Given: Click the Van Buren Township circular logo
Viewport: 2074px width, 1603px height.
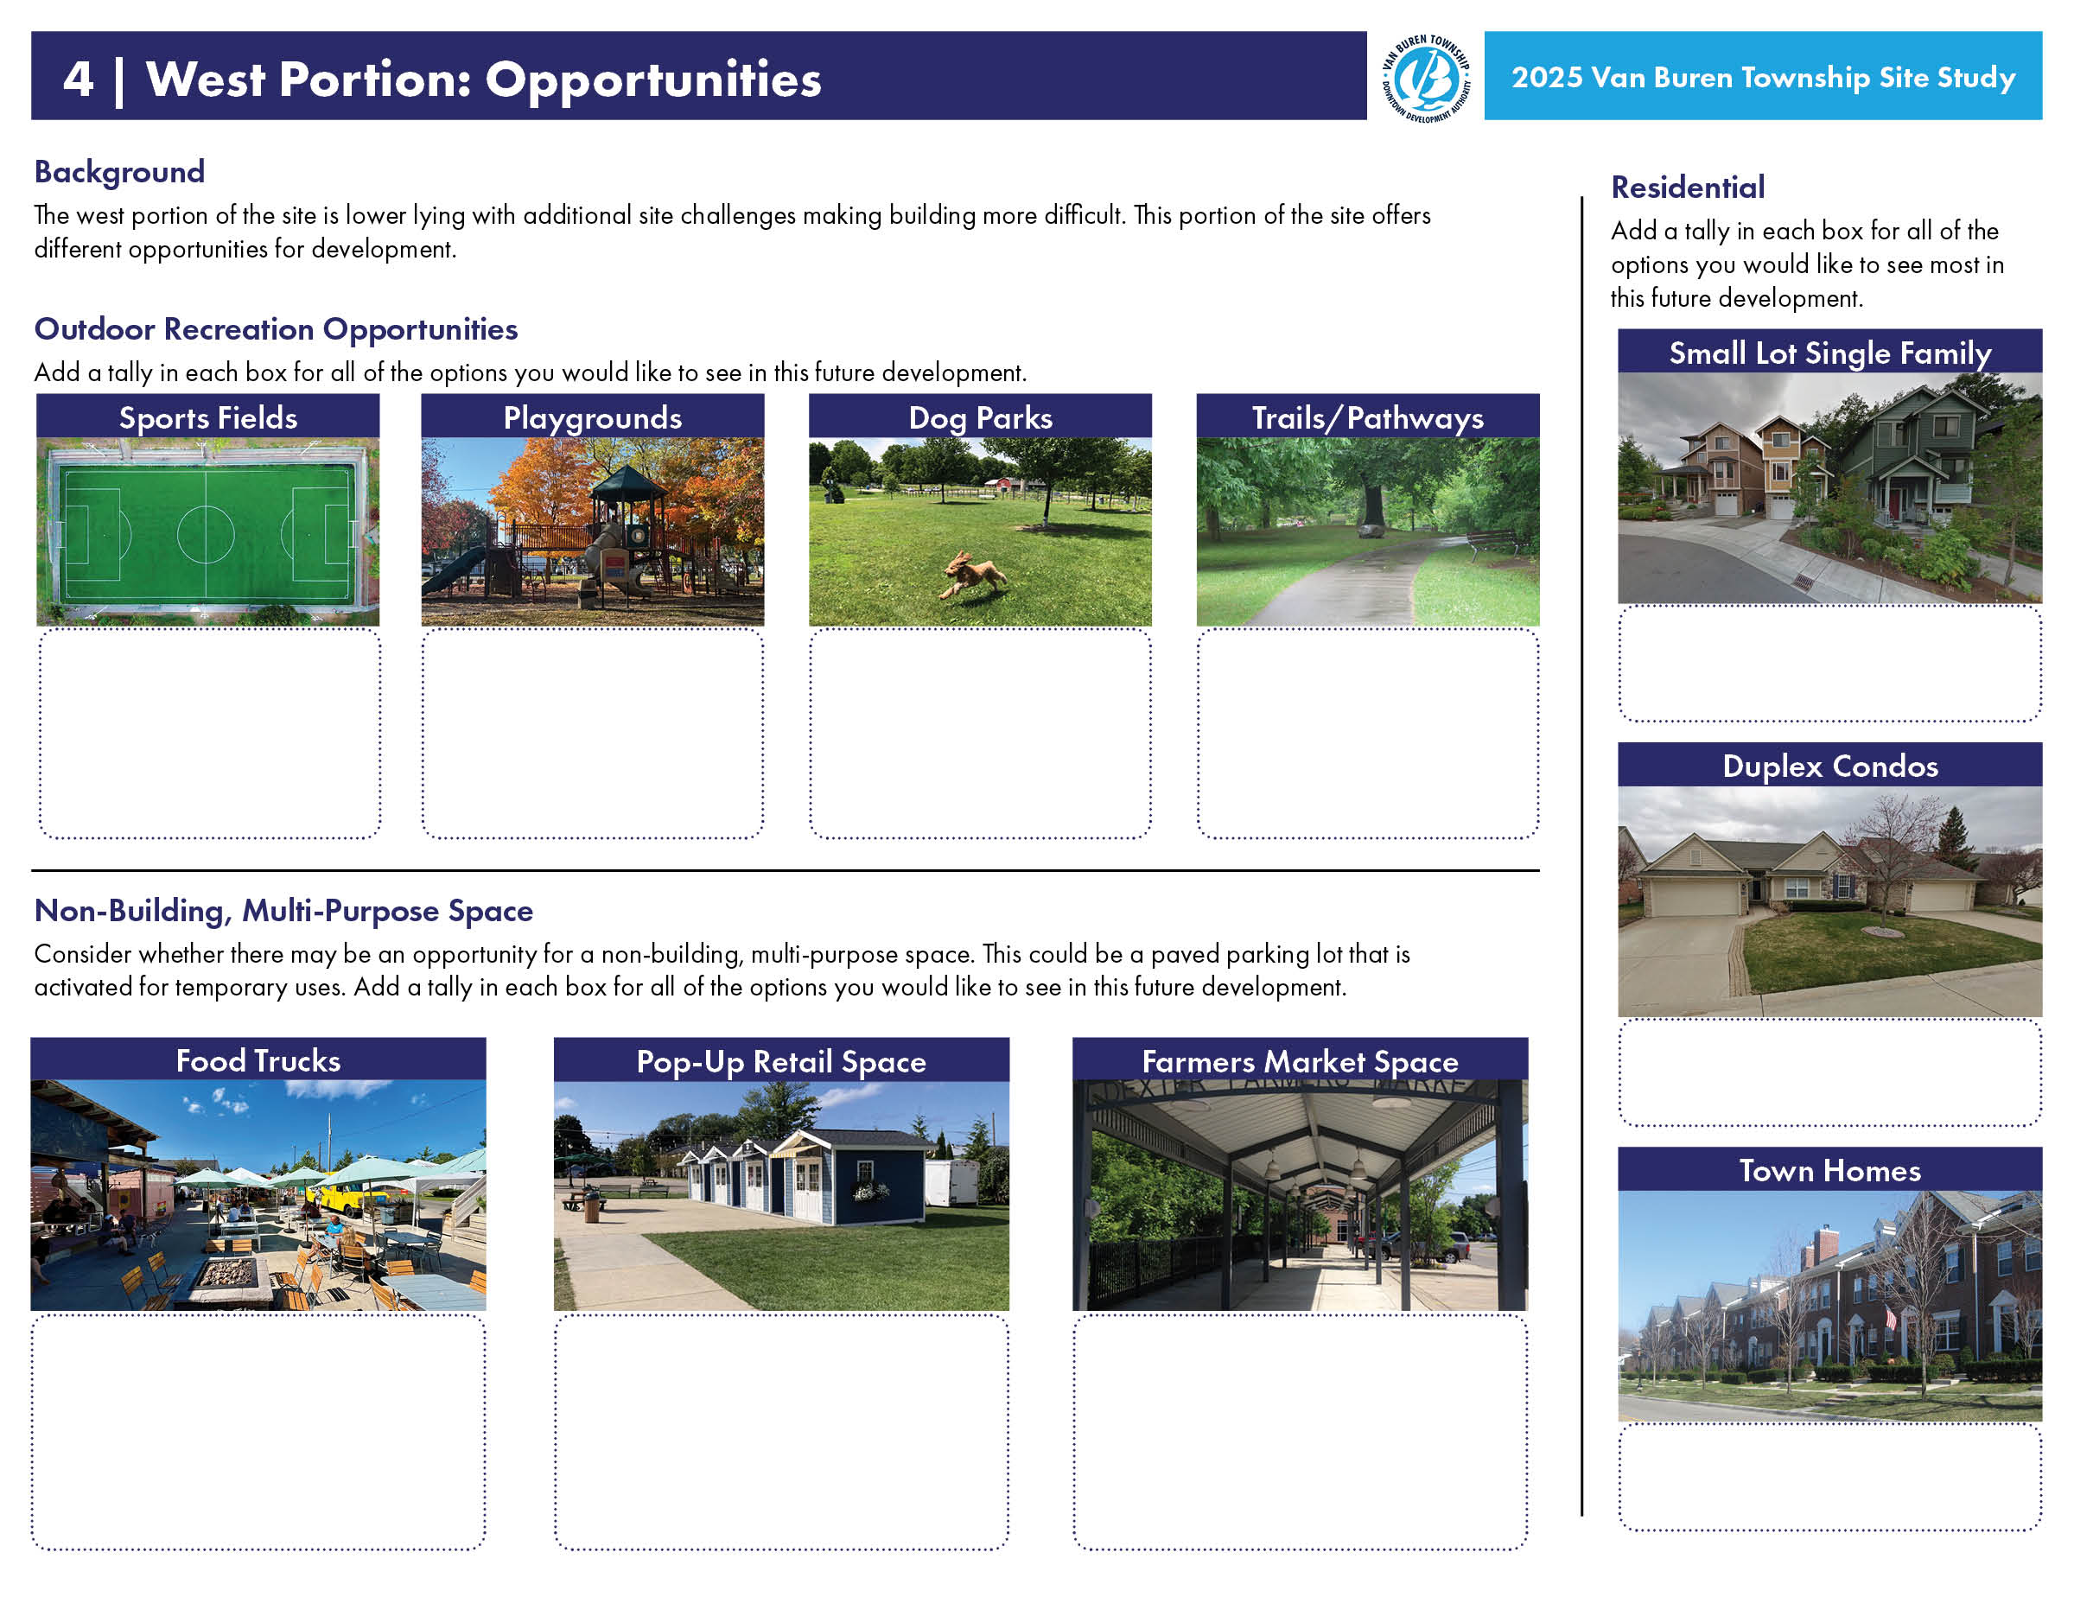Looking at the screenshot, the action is pyautogui.click(x=1425, y=78).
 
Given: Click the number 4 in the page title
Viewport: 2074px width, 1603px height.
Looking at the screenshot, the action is pyautogui.click(x=78, y=79).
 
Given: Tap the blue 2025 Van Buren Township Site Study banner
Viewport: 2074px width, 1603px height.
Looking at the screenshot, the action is pyautogui.click(x=1763, y=76).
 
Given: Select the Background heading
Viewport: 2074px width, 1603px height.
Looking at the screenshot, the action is pyautogui.click(x=119, y=172).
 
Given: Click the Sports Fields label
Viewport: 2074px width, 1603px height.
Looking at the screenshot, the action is pyautogui.click(x=208, y=418).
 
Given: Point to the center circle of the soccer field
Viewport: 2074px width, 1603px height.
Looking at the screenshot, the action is pyautogui.click(x=205, y=534).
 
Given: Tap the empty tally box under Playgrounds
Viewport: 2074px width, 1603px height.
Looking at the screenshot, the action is pyautogui.click(x=593, y=733).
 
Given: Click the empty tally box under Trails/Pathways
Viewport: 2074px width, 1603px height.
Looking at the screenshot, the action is pyautogui.click(x=1367, y=733).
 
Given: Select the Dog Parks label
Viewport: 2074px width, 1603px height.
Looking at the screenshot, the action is pyautogui.click(x=980, y=418).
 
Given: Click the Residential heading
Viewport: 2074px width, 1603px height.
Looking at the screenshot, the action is pyautogui.click(x=1688, y=187).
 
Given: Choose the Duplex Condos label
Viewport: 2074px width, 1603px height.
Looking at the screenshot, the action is pyautogui.click(x=1830, y=767).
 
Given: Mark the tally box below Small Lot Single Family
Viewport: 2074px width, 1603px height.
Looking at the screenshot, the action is pyautogui.click(x=1830, y=664).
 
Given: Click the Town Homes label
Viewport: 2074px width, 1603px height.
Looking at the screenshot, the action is pyautogui.click(x=1830, y=1170).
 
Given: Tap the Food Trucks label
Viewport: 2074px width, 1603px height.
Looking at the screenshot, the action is pyautogui.click(x=258, y=1059).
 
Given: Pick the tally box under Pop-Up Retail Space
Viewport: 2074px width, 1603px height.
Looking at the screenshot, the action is pyautogui.click(x=781, y=1432).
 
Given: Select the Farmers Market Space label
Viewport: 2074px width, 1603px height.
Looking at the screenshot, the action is pyautogui.click(x=1300, y=1061).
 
